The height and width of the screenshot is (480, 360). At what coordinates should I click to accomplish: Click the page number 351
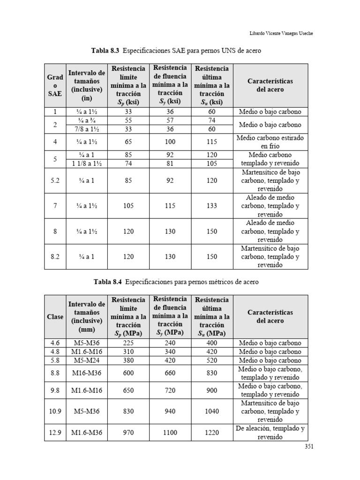pos(308,446)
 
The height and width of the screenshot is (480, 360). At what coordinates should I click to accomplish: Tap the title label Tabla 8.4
pos(107,282)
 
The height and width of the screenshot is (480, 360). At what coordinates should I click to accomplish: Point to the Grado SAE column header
pos(55,85)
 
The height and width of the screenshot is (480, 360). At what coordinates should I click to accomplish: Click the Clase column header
pos(55,316)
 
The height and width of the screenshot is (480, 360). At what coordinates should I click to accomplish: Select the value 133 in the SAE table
pos(212,206)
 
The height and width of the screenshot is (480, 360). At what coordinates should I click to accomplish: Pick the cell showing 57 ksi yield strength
pos(170,120)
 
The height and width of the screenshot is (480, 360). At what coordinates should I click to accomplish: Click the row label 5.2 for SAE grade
pos(55,180)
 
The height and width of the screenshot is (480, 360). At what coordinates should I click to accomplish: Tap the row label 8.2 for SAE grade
pos(55,256)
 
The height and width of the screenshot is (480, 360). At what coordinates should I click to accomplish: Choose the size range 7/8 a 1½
pos(87,129)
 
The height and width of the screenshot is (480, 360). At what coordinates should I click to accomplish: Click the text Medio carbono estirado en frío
pos(270,142)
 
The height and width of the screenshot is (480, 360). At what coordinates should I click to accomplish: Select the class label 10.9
pos(55,411)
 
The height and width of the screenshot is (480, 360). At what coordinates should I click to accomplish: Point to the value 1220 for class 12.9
pos(212,433)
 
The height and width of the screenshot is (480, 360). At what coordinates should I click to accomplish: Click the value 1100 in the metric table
pos(170,433)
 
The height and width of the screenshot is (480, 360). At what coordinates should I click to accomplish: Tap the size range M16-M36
pos(87,373)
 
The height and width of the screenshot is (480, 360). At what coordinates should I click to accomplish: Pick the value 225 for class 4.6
pos(128,343)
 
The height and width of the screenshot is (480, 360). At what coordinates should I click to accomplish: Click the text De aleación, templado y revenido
pos(270,433)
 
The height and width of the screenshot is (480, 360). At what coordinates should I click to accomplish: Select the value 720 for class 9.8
pos(170,390)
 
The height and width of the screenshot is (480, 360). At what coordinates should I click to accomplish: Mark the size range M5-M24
pos(87,360)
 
